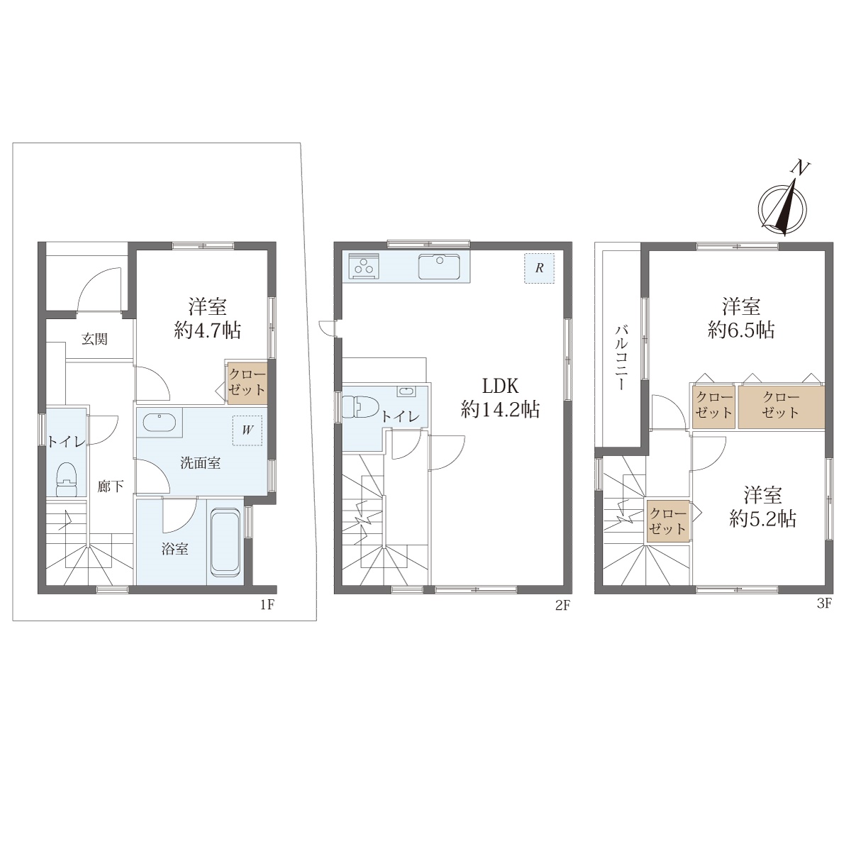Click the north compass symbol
coord(782,203)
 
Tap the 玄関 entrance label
coord(95,339)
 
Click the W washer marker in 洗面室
coord(247,430)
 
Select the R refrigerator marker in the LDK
coord(539,268)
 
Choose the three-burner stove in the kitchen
coord(364,266)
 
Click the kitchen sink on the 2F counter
coord(440,267)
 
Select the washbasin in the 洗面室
coord(160,422)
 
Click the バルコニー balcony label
coord(622,357)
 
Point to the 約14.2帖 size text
coord(500,410)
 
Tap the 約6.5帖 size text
coord(741,330)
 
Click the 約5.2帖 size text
coord(762,518)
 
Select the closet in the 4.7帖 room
coord(247,383)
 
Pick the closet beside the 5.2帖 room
coord(668,521)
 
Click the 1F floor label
coord(267,605)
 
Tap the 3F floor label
coord(824,604)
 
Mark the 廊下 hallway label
coord(111,486)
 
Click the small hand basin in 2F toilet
coord(406,391)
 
